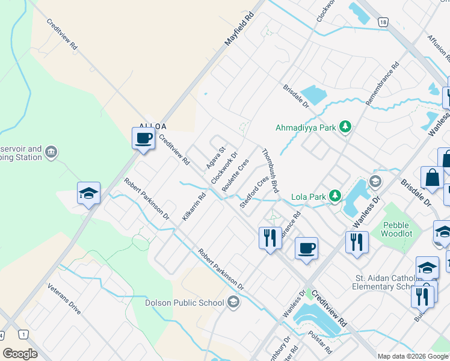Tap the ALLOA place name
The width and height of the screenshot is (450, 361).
pyautogui.click(x=152, y=126)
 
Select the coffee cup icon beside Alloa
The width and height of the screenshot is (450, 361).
pyautogui.click(x=143, y=138)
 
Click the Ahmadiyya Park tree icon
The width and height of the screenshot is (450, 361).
pyautogui.click(x=345, y=126)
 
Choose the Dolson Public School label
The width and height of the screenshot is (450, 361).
pyautogui.click(x=185, y=303)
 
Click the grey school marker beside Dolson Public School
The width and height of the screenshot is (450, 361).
pyautogui.click(x=233, y=303)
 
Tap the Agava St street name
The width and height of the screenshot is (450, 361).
pyautogui.click(x=215, y=158)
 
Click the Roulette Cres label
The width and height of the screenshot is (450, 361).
pyautogui.click(x=235, y=176)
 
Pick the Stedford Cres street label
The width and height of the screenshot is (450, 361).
pyautogui.click(x=254, y=193)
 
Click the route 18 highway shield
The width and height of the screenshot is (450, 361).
pyautogui.click(x=383, y=22)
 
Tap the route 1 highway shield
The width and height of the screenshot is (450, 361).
pyautogui.click(x=23, y=334)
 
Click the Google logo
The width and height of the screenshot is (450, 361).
pyautogui.click(x=20, y=353)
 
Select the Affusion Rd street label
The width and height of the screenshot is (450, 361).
pyautogui.click(x=437, y=49)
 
